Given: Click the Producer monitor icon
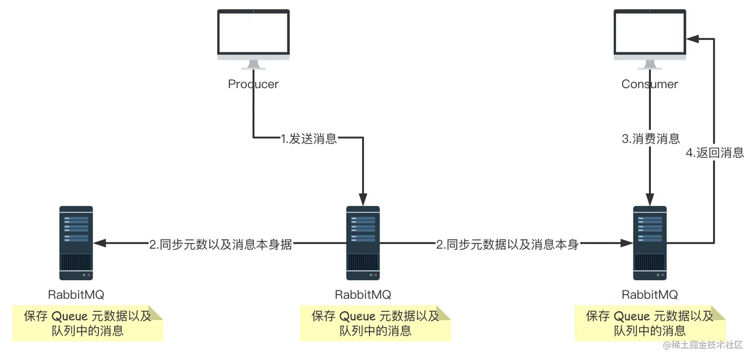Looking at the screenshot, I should point(253,37).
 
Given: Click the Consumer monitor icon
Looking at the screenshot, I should point(649,37).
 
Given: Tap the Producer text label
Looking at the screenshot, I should point(253,84).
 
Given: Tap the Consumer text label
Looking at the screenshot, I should point(649,84).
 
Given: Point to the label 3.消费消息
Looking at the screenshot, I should point(651,139).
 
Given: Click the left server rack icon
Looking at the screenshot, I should point(76,243).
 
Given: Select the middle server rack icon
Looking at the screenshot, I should point(363,243).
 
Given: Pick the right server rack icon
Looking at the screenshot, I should point(649,243).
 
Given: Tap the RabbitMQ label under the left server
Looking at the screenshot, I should point(76,294).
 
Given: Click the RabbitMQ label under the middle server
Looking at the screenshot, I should point(363,294).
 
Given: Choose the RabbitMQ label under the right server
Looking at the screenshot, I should point(649,294).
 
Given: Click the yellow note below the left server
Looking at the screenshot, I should point(88,323).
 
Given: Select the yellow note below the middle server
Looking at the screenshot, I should point(375,323).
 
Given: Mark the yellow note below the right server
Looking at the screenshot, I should point(650,323).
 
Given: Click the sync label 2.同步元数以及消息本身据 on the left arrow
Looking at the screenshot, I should point(221,244).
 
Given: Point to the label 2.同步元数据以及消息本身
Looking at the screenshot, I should point(507,244).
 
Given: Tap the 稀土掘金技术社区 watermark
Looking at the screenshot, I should point(703,345).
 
